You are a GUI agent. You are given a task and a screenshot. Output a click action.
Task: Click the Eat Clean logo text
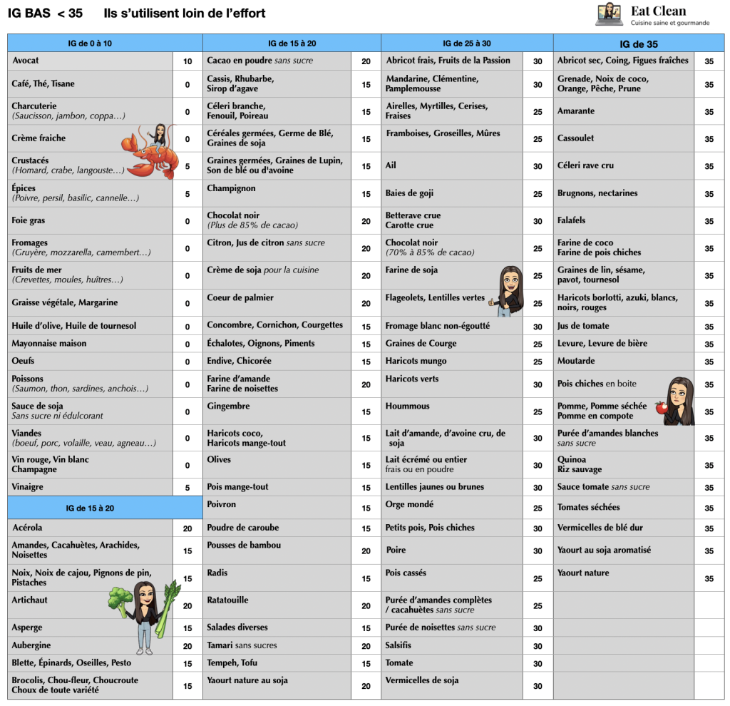click(659, 11)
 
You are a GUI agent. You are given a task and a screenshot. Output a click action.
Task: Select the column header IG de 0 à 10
click(89, 44)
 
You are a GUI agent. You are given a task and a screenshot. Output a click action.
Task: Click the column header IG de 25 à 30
click(467, 44)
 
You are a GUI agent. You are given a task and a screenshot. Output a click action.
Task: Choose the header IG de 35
click(639, 44)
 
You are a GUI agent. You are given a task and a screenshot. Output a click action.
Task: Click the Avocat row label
click(26, 61)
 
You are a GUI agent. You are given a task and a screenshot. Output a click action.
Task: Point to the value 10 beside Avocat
click(187, 61)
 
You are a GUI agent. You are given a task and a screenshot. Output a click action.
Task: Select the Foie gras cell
click(29, 221)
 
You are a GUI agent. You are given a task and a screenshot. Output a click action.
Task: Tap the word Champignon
click(231, 188)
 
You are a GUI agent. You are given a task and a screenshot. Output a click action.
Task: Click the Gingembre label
click(228, 406)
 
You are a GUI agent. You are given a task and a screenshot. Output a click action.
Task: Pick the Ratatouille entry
click(227, 600)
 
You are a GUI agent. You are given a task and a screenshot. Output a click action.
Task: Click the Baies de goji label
click(410, 193)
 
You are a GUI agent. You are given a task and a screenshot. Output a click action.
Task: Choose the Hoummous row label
click(408, 406)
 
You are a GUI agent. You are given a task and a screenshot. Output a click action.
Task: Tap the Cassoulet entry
click(575, 138)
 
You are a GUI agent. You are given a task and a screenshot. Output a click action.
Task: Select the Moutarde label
click(576, 361)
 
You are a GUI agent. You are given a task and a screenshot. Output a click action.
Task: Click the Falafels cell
click(572, 220)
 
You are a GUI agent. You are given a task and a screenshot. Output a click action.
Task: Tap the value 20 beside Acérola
click(187, 528)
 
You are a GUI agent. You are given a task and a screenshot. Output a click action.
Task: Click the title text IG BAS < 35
click(44, 13)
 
